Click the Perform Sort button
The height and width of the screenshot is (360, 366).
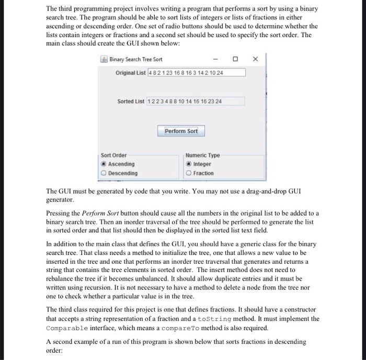pos(181,131)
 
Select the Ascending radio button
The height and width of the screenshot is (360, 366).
pos(104,164)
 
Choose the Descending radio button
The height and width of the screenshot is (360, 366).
pos(104,173)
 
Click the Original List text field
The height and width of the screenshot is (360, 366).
pos(197,72)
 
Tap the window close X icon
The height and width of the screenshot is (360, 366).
pos(255,60)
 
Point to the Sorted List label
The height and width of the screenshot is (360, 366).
pos(131,100)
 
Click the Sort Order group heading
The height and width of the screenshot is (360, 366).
pos(114,155)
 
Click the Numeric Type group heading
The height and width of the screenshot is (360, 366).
pos(203,155)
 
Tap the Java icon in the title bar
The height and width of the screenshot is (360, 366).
pos(105,60)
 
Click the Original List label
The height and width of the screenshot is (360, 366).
pos(131,72)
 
